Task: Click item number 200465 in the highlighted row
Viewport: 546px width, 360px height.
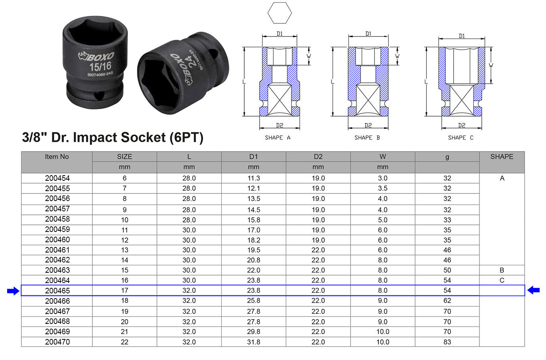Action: [57, 291]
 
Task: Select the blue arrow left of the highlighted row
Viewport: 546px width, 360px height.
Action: [13, 291]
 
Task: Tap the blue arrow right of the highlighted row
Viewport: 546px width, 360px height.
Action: [533, 291]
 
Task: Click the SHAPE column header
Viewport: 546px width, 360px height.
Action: [502, 157]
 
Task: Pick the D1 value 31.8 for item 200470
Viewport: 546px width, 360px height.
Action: [253, 342]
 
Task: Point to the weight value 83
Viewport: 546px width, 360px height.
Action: [447, 342]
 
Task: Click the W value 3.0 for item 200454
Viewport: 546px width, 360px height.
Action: [382, 178]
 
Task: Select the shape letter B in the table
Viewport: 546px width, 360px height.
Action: [502, 270]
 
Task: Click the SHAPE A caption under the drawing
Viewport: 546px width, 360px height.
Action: [278, 138]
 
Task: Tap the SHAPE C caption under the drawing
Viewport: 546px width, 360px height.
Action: [460, 138]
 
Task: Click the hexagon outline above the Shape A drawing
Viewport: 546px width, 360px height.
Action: [280, 13]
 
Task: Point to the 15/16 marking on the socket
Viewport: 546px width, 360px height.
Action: [100, 66]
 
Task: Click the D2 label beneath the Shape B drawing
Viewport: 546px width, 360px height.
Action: [368, 125]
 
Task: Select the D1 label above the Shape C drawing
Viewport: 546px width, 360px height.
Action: [462, 36]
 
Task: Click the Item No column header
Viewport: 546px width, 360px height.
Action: [57, 157]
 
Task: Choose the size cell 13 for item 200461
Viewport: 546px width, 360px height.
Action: [125, 250]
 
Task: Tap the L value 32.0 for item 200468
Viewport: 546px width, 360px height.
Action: [189, 322]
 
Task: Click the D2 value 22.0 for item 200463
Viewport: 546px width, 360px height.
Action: [318, 270]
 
